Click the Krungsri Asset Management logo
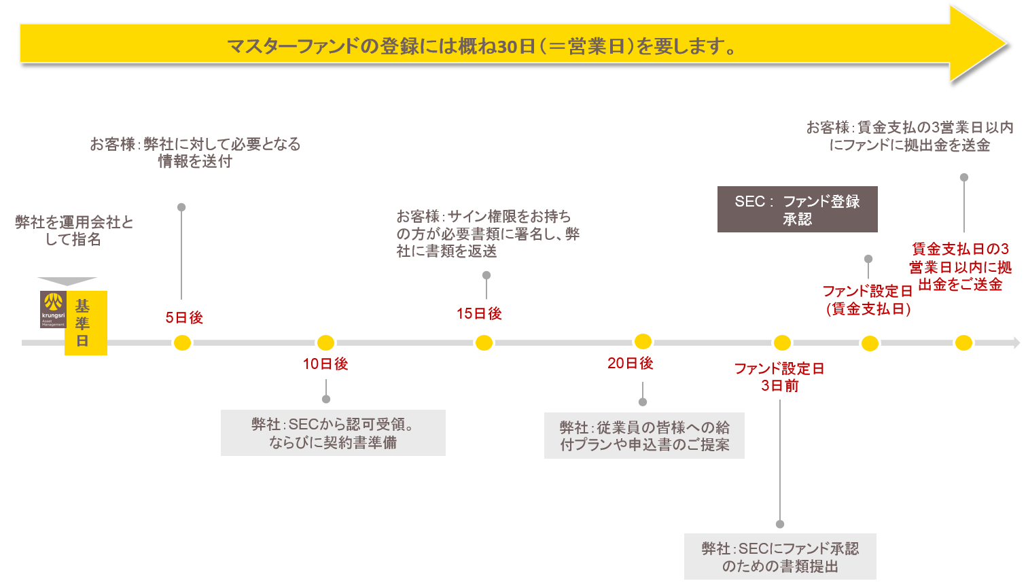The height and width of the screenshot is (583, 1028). pos(53,309)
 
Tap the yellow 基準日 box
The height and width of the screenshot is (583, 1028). pos(86,323)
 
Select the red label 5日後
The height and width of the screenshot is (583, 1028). pos(184,318)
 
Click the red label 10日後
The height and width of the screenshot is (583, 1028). pos(325,364)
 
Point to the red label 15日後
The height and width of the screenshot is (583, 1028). pos(479,313)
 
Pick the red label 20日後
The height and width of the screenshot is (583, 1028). pos(630,364)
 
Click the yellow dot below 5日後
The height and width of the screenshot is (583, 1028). pos(182,343)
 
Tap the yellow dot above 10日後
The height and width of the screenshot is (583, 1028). pos(326,342)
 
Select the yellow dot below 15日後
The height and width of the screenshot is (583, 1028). pos(484,343)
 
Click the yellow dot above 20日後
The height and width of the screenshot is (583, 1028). pos(643,342)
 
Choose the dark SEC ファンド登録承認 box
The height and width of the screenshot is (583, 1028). pos(797,209)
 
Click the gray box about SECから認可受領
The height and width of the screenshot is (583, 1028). pos(333,433)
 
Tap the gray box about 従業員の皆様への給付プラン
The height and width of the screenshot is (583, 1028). pos(644,436)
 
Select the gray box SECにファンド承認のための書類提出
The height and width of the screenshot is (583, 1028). pos(780,556)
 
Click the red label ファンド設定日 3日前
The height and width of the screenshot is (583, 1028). pos(780,377)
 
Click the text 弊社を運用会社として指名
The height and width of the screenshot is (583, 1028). pos(74,231)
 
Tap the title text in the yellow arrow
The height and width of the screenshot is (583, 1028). pos(482,46)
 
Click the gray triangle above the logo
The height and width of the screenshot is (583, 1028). pos(67,281)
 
